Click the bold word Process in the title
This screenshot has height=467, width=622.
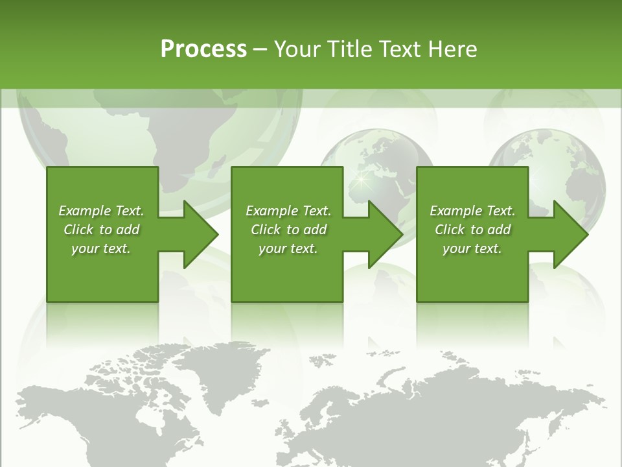pyautogui.click(x=203, y=49)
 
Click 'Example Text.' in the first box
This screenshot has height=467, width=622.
pyautogui.click(x=101, y=211)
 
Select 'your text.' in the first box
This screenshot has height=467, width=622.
pyautogui.click(x=101, y=248)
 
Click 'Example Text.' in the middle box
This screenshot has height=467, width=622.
pyautogui.click(x=288, y=211)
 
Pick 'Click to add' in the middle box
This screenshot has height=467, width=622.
pyautogui.click(x=288, y=230)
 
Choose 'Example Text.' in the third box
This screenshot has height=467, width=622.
pyautogui.click(x=472, y=211)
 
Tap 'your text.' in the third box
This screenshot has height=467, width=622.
pyautogui.click(x=472, y=248)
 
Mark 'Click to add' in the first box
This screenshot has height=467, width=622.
pyautogui.click(x=101, y=230)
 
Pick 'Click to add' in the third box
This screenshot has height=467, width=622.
pyautogui.click(x=472, y=230)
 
